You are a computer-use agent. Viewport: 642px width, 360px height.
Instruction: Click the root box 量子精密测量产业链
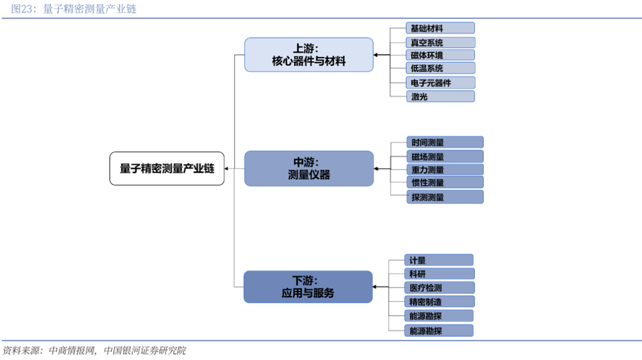pos(167,169)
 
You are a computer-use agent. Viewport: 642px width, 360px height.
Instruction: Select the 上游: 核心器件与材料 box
pos(309,55)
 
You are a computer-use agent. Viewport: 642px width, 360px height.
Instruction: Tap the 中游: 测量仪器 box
pos(309,169)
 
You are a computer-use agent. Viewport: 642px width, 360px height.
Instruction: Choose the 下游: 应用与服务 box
pos(308,287)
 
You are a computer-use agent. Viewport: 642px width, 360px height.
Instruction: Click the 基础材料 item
pos(440,29)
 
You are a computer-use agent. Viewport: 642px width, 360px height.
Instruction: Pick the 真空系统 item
pos(440,43)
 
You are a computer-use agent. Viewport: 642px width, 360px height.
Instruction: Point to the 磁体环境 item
pos(440,55)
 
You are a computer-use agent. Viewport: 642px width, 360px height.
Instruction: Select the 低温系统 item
pos(440,68)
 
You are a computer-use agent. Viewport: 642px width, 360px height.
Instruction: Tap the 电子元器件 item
pos(440,83)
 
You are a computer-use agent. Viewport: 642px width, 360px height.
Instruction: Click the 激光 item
pos(440,97)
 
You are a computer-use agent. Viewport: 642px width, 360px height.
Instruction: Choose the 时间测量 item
pos(445,143)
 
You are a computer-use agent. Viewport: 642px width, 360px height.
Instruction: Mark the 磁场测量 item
pos(445,157)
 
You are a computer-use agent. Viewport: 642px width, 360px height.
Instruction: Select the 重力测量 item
pos(445,170)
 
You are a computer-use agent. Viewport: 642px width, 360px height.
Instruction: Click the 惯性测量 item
pos(445,182)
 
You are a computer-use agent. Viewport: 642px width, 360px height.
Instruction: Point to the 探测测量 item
pos(445,197)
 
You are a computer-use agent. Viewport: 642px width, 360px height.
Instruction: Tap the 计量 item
pos(439,260)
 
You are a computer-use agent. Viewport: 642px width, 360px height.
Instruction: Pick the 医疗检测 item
pos(439,288)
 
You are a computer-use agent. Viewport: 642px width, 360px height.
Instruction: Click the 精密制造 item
pos(439,302)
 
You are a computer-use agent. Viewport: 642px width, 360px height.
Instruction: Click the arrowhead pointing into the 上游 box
pos(376,55)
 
